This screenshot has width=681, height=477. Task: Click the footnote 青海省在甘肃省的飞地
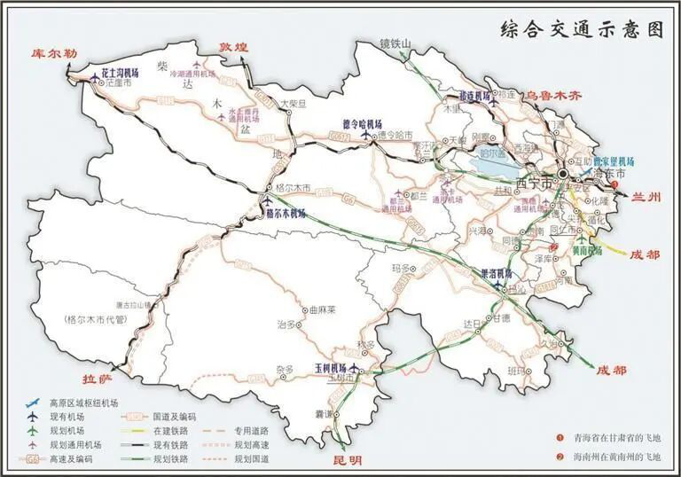click(x=616, y=437)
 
